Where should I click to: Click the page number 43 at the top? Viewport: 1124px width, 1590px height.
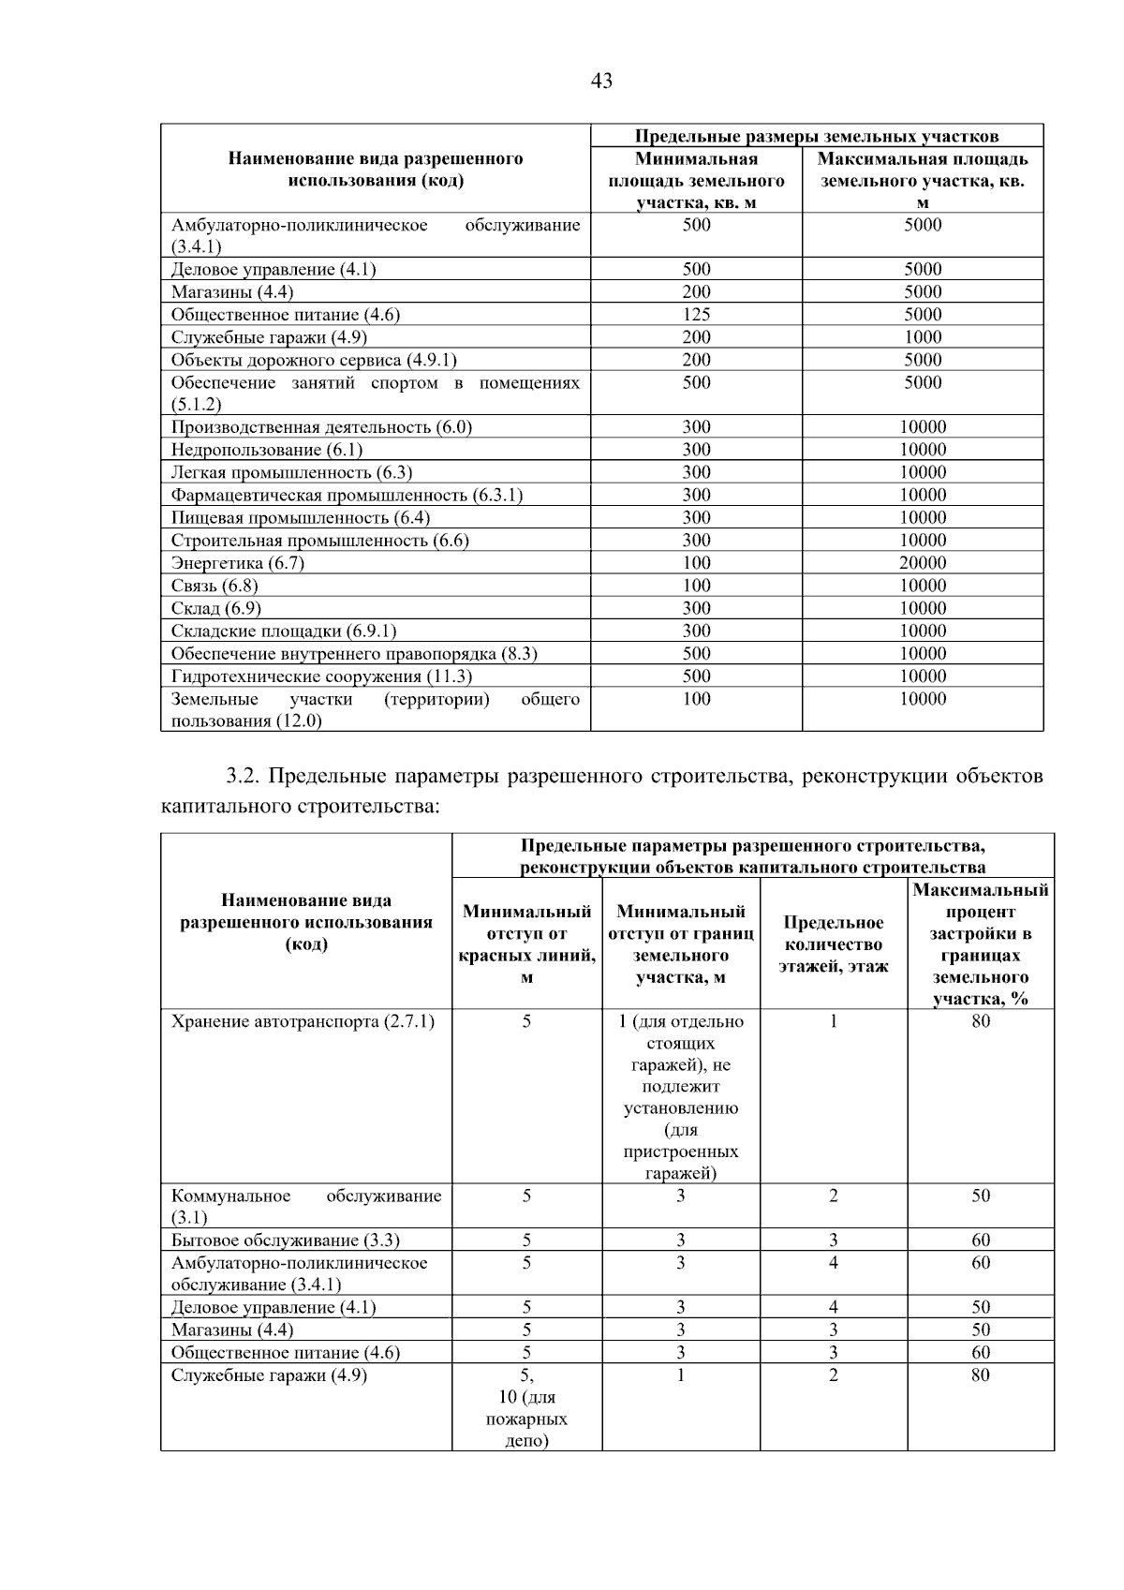601,82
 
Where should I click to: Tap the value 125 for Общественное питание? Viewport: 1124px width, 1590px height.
696,315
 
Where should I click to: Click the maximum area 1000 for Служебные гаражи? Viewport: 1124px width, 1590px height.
923,337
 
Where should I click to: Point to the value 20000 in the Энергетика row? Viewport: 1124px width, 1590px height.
923,563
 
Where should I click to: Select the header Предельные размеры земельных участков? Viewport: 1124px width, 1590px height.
817,137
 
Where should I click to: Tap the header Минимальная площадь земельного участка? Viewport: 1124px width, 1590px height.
696,180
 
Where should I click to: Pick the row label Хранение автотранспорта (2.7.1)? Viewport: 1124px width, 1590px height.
303,1021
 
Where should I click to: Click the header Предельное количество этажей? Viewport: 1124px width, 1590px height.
833,944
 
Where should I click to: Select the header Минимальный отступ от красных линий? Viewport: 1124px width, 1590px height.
526,944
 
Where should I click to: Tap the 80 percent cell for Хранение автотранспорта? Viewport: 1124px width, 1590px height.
980,1021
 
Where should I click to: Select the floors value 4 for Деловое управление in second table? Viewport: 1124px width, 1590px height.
833,1307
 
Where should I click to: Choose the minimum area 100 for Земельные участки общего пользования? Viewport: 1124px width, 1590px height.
696,699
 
